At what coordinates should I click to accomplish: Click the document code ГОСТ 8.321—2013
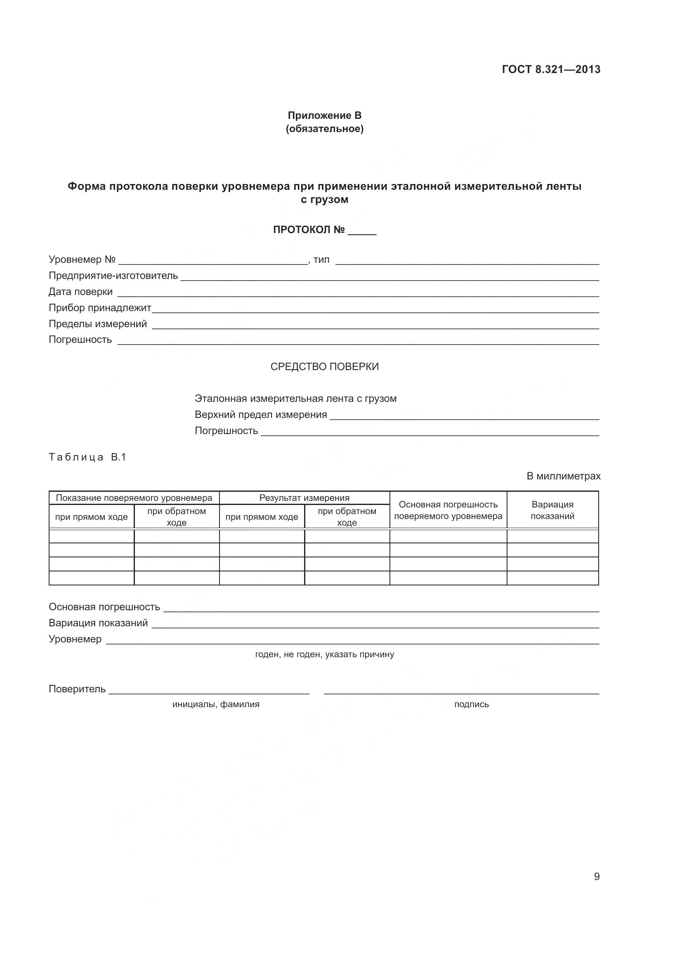551,69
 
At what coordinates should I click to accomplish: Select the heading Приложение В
324,115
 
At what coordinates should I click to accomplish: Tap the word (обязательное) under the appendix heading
324,129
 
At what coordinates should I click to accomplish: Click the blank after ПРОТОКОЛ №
362,231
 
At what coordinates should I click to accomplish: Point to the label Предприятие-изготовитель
113,276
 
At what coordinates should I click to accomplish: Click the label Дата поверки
81,292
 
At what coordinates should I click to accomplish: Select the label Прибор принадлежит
99,308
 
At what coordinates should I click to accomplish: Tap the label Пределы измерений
97,323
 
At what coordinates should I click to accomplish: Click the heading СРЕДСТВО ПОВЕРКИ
324,366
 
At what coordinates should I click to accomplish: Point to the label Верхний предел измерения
260,414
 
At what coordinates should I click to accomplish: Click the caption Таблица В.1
87,457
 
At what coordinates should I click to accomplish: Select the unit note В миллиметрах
564,476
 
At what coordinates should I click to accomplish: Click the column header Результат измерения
304,498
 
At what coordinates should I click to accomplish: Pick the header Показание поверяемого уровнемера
134,498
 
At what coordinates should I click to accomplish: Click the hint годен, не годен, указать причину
324,654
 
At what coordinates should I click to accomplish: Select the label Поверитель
77,689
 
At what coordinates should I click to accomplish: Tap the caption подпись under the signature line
471,704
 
